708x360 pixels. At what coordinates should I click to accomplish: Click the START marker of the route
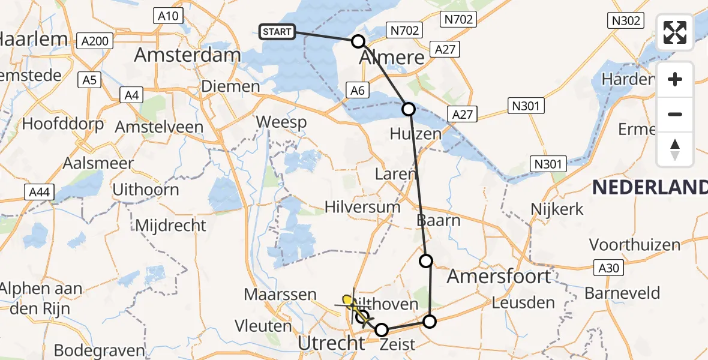(277, 32)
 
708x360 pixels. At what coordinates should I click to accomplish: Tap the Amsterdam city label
(187, 56)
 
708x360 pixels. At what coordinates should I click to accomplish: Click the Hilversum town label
(362, 207)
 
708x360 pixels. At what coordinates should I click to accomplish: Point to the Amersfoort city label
(499, 276)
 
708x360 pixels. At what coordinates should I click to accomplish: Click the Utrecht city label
(332, 343)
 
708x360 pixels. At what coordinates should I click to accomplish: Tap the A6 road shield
(358, 90)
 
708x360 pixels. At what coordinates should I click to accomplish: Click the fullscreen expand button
(675, 32)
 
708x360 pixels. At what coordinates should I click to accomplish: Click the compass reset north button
(675, 149)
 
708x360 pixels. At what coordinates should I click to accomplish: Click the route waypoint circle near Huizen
(409, 109)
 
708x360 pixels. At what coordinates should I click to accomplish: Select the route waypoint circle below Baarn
(425, 260)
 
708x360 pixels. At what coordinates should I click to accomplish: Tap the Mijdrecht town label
(171, 226)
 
